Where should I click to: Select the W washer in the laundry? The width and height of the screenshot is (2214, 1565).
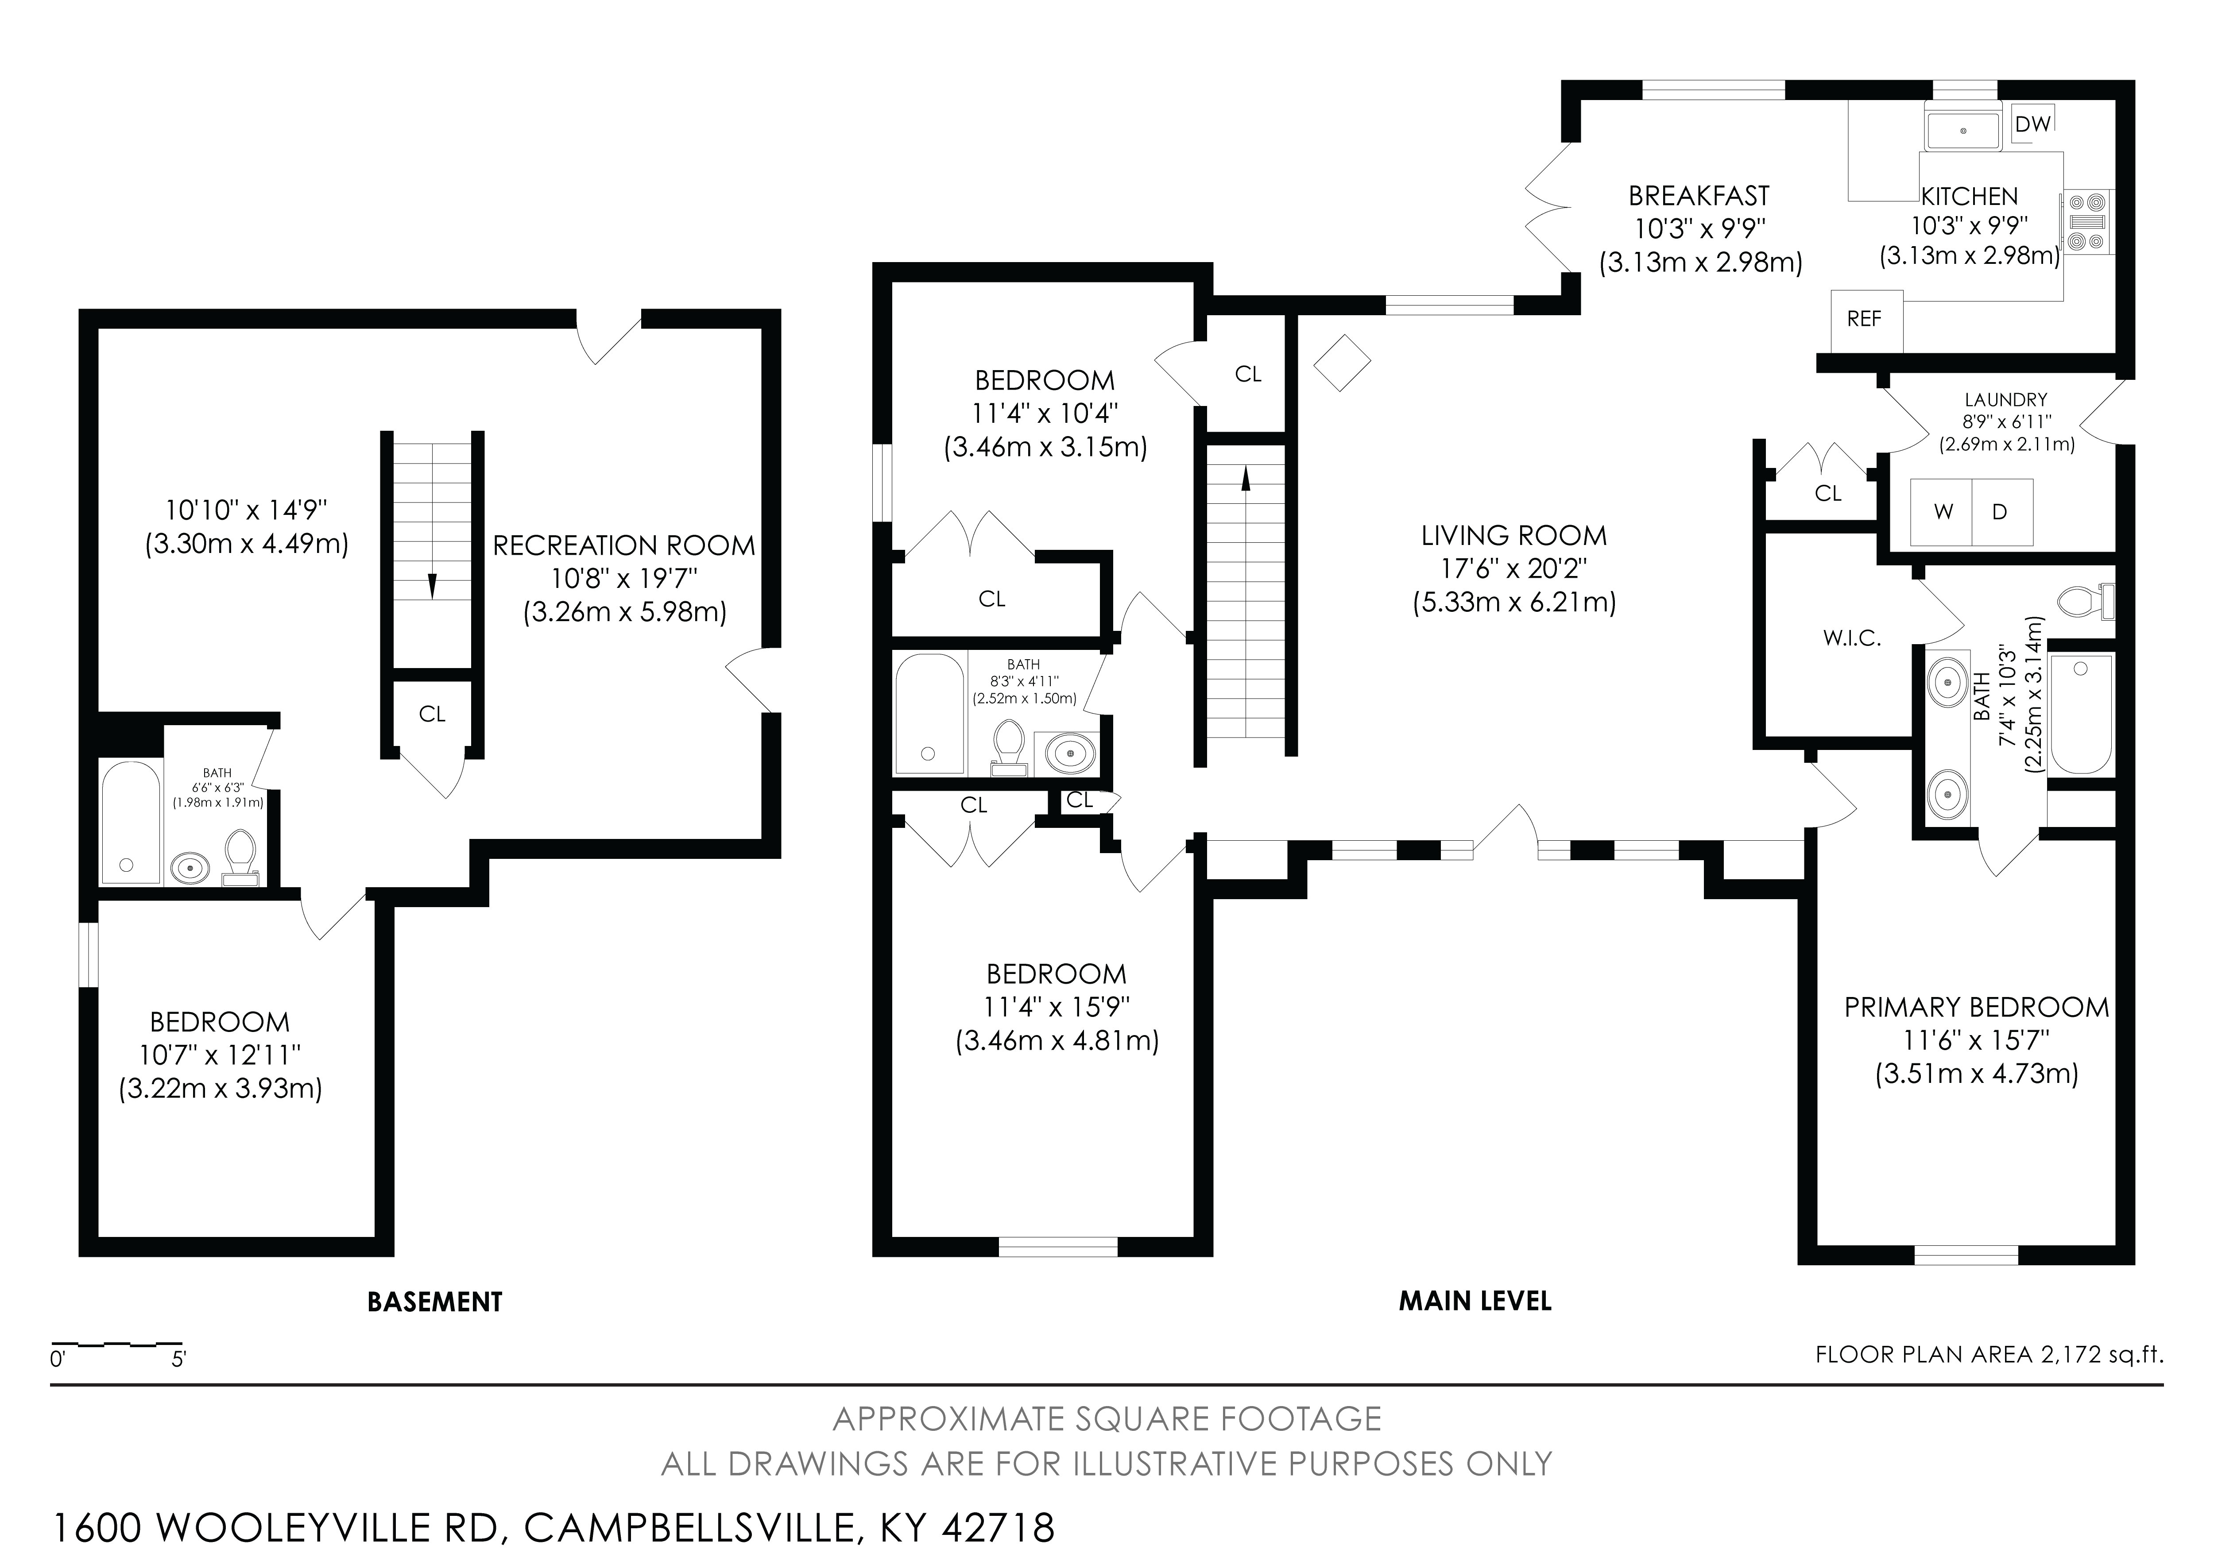(x=1943, y=512)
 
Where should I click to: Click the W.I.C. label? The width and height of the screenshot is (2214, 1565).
(x=1852, y=638)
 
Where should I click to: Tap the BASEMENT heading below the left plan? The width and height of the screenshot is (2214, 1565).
(x=435, y=1302)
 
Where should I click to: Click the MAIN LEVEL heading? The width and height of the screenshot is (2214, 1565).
(x=1475, y=1301)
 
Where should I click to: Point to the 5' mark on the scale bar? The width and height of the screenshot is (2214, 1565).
(x=178, y=1360)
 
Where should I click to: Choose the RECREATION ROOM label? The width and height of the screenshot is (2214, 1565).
(x=624, y=546)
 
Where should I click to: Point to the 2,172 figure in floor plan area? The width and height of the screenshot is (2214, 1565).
(x=2068, y=1355)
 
